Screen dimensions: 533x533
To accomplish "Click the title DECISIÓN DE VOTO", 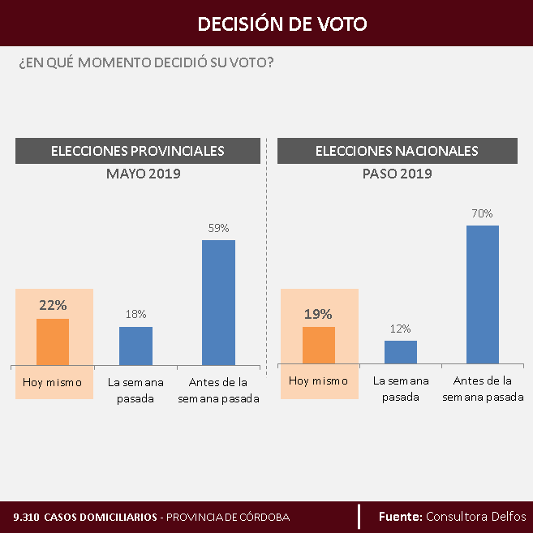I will click(282, 24).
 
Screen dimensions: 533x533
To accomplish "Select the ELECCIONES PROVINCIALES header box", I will click(138, 151).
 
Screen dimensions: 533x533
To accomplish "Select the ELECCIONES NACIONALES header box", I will click(397, 151).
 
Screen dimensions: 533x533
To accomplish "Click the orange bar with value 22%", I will click(53, 342).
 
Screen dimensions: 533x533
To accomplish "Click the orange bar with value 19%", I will click(318, 345).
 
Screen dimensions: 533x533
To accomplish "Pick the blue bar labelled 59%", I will click(218, 302).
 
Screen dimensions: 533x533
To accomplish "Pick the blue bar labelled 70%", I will click(482, 294).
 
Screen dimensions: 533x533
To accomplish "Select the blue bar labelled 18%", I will click(135, 346).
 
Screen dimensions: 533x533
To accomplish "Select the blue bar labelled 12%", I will click(400, 352).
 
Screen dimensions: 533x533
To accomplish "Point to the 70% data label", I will click(482, 213).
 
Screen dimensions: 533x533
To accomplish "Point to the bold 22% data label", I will click(53, 306).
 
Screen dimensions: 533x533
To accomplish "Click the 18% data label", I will click(135, 314).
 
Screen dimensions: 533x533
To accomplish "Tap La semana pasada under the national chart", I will click(400, 389).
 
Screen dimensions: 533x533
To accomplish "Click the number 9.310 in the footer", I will click(26, 517).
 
